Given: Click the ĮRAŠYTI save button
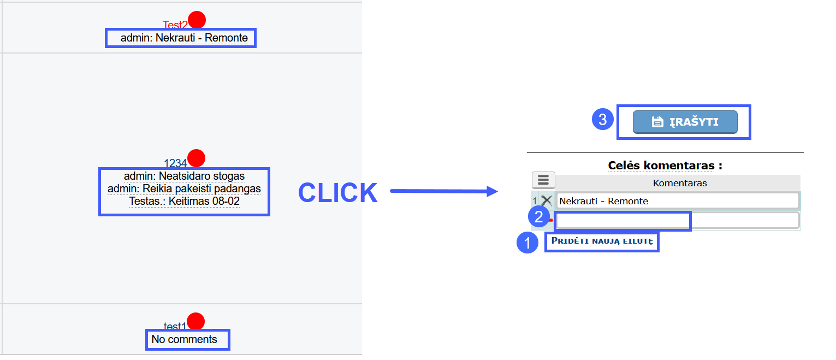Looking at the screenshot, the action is click(x=685, y=122).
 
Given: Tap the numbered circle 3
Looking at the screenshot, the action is click(x=603, y=120).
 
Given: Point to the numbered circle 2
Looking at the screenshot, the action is click(x=538, y=216).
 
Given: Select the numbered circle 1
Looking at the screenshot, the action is click(x=527, y=243).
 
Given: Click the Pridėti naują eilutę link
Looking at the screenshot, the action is click(x=602, y=241).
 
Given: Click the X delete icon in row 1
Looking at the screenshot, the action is click(x=547, y=201).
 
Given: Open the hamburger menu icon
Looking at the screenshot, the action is click(x=543, y=180).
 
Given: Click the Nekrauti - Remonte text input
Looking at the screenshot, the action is click(x=678, y=201).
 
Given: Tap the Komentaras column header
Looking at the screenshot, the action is click(x=680, y=183).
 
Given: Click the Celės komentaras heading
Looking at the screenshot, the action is click(x=665, y=166).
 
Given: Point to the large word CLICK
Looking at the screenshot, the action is click(x=338, y=193).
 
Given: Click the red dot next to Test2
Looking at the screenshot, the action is click(x=197, y=20).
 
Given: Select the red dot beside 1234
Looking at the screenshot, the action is click(x=197, y=158).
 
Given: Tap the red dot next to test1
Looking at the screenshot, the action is click(x=196, y=321).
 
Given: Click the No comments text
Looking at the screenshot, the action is click(x=184, y=339).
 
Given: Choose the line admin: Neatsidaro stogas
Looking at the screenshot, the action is click(x=184, y=176).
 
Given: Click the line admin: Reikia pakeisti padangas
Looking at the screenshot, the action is click(x=184, y=188).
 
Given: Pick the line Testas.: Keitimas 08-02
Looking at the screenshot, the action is click(x=184, y=201).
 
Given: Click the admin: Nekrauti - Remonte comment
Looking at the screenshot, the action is click(x=184, y=38).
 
